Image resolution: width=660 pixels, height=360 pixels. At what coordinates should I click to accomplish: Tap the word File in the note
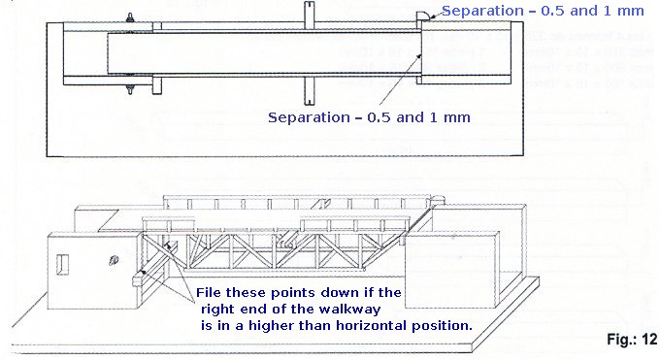pos(211,292)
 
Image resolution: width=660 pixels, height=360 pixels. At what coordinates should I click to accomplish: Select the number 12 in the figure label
pos(648,340)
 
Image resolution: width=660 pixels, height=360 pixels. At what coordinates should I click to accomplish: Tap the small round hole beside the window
pos(115,259)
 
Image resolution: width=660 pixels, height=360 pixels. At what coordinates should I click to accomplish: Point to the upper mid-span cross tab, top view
pos(308,13)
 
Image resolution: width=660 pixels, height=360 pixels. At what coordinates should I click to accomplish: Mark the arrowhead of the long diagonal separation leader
pos(420,56)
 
